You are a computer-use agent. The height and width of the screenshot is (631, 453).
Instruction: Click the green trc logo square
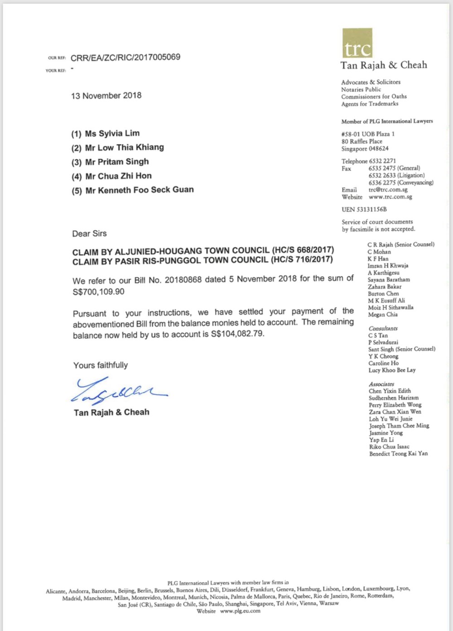tap(357, 43)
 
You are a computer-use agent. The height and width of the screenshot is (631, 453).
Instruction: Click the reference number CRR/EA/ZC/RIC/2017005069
tap(125, 57)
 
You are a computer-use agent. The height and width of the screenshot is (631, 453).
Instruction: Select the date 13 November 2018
tap(106, 96)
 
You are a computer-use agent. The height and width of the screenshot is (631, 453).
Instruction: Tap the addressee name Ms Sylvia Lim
tap(112, 133)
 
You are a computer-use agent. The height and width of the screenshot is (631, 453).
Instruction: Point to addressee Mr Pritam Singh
tap(116, 162)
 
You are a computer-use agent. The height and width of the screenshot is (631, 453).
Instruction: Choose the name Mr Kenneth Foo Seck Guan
tap(139, 190)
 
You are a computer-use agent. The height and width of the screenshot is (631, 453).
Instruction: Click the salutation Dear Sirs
tap(90, 233)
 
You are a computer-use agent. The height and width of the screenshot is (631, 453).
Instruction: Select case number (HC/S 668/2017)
tap(303, 250)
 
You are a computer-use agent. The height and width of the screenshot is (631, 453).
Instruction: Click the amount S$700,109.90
tap(98, 291)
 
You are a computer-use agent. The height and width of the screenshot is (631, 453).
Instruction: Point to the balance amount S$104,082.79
tap(237, 334)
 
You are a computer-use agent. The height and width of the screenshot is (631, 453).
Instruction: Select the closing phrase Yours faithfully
tap(101, 365)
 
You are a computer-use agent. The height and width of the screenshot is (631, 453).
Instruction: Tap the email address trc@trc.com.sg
tap(388, 189)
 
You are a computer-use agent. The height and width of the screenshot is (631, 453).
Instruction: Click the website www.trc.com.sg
tap(390, 197)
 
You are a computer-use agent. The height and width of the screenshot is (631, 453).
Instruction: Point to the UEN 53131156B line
tap(364, 209)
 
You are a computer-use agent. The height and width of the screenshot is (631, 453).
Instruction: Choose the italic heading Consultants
tap(383, 328)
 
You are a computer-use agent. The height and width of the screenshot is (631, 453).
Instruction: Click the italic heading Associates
tap(381, 384)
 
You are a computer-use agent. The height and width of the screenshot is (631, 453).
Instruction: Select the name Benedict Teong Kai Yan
tap(398, 453)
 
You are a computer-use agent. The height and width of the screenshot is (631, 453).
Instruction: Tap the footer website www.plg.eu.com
tap(240, 611)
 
